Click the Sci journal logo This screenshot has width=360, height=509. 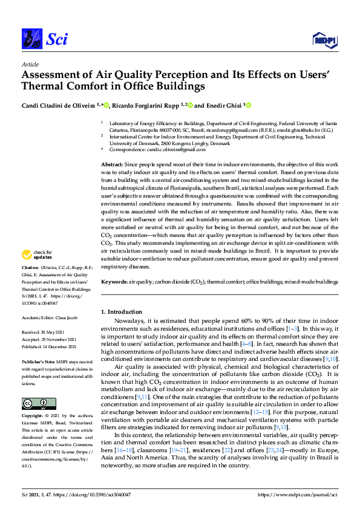[x=44, y=40]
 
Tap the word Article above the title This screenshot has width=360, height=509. [x=30, y=63]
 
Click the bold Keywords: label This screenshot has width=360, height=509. [x=114, y=282]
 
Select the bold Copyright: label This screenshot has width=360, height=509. [x=33, y=417]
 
